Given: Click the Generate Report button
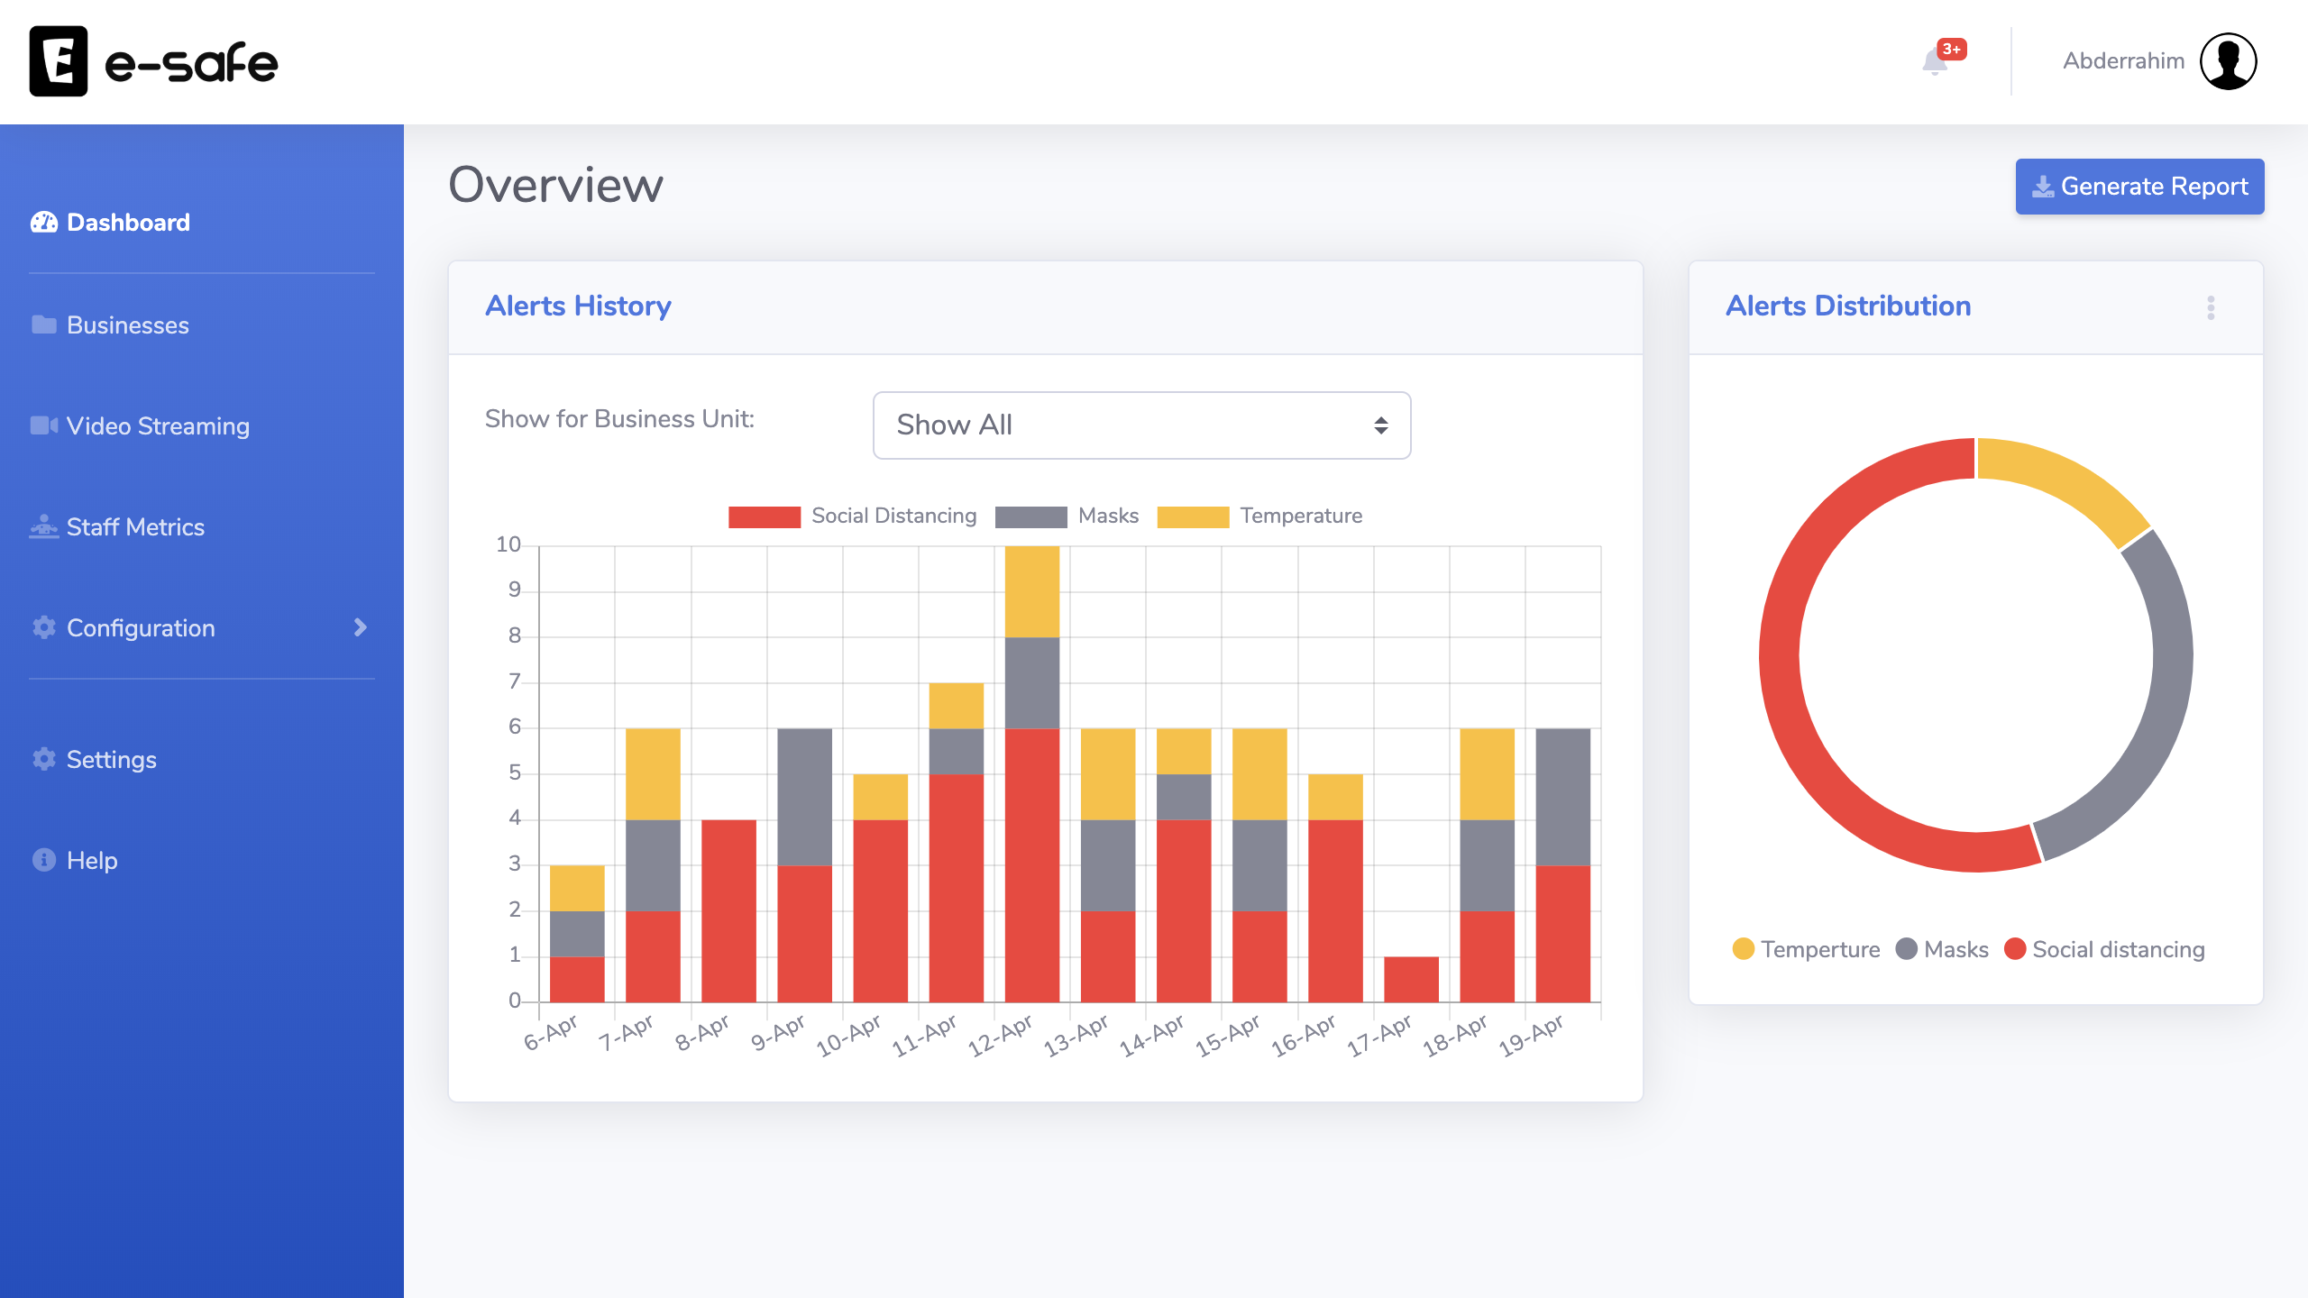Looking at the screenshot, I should [2139, 187].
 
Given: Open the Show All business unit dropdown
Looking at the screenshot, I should [1140, 425].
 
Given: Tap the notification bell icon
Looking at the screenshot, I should [1935, 62].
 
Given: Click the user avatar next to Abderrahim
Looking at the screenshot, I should [2228, 61].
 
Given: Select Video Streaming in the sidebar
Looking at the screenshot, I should [157, 426].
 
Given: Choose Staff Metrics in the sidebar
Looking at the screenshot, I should [135, 527].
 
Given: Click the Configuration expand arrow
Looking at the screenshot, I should [361, 627].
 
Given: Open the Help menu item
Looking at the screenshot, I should [91, 861].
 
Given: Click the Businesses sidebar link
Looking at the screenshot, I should [127, 325].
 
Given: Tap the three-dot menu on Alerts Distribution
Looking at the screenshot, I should [2211, 307].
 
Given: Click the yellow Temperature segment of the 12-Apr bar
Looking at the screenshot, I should [1031, 591].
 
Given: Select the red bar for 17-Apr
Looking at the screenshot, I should [1411, 979].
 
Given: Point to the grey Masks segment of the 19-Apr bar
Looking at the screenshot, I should [1562, 797].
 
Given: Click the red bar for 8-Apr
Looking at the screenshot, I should [728, 910].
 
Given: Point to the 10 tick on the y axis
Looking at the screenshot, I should [508, 544].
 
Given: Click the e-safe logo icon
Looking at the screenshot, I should [59, 61].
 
